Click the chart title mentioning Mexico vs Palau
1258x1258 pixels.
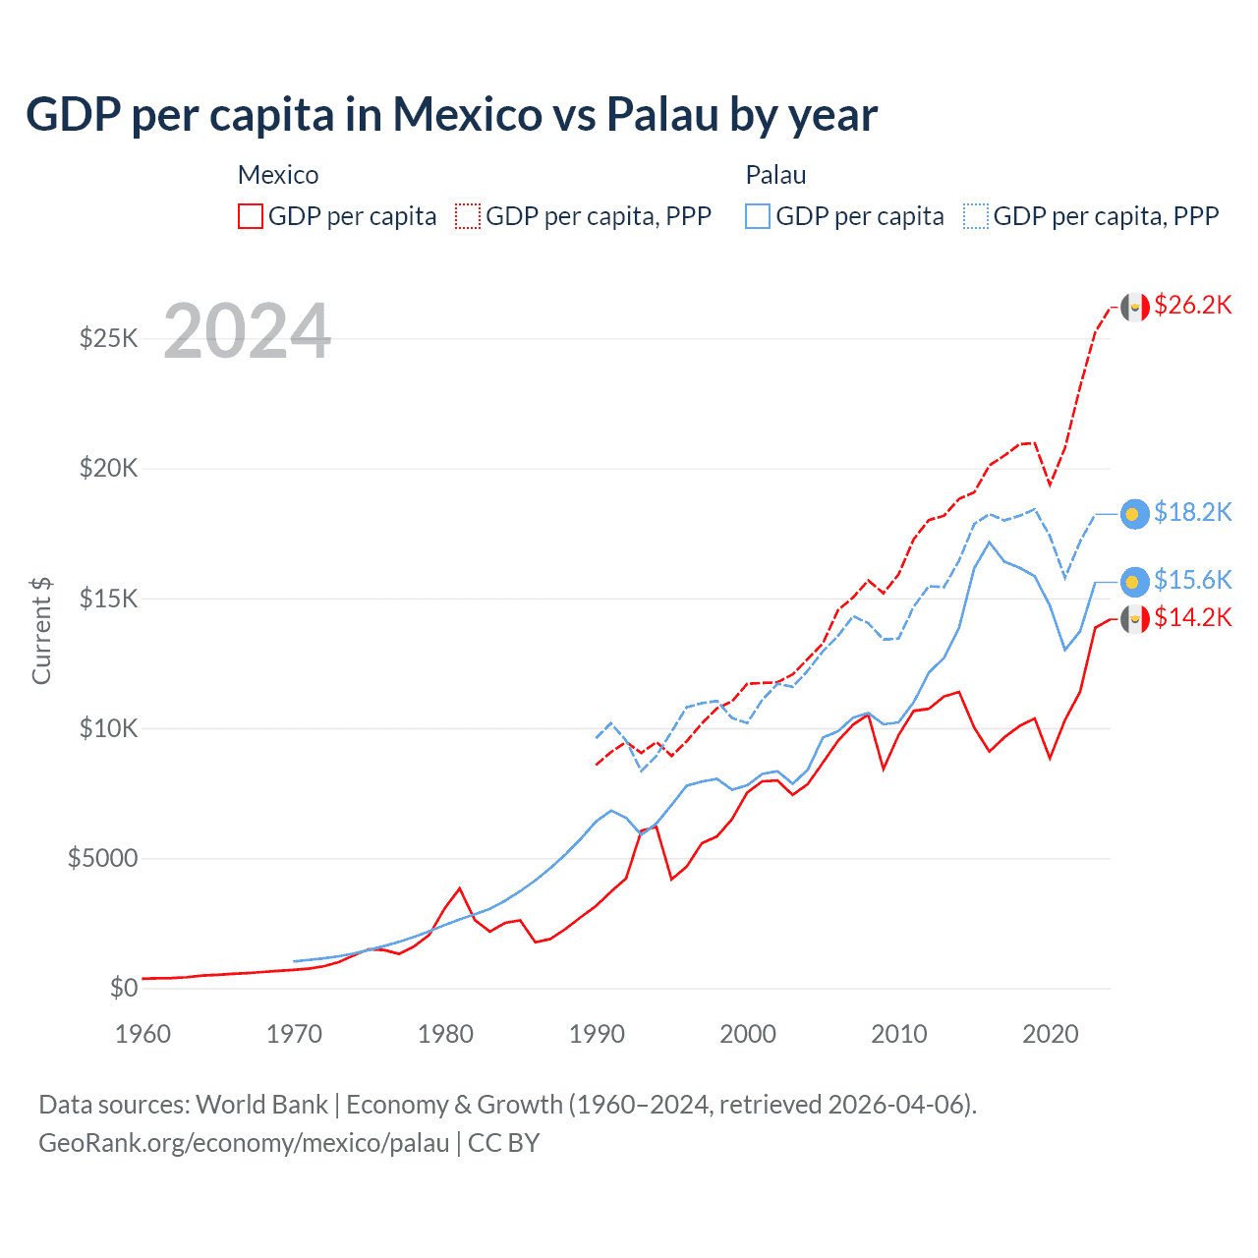point(451,114)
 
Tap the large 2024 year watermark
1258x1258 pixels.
point(247,331)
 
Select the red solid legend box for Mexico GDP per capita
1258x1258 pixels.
point(251,216)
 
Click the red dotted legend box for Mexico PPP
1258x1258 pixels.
point(468,216)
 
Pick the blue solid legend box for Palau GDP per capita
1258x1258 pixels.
point(758,216)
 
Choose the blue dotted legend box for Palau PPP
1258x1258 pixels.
point(976,216)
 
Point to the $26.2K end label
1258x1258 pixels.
point(1192,305)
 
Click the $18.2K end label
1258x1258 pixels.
point(1192,512)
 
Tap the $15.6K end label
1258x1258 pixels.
point(1192,580)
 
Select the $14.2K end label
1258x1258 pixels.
point(1192,617)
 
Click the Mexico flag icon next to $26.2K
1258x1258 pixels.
point(1135,308)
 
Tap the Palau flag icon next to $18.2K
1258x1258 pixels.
point(1135,514)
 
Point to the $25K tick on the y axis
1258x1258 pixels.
point(108,339)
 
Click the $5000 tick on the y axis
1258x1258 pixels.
point(102,858)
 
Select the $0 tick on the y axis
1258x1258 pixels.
point(123,988)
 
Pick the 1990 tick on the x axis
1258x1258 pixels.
point(597,1034)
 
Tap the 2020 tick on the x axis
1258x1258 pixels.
point(1051,1034)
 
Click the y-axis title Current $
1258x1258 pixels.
point(41,630)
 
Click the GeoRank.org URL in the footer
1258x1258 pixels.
point(244,1143)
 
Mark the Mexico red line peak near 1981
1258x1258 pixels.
point(459,888)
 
